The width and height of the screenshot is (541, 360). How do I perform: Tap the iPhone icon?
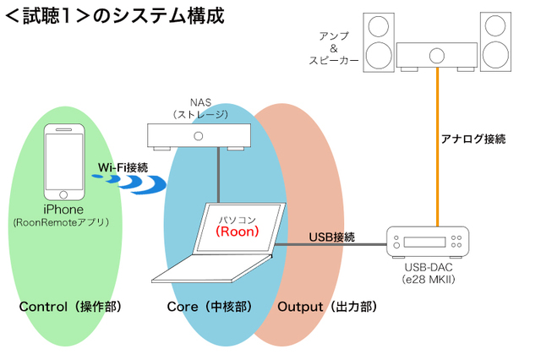tap(64, 161)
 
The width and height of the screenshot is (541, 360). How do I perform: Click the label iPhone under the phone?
tap(64, 210)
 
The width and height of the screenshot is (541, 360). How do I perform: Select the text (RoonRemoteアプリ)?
tap(64, 223)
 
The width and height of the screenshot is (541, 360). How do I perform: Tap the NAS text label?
tap(199, 101)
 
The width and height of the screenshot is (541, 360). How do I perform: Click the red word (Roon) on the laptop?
tap(240, 229)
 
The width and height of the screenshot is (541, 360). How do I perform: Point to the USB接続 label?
tap(332, 237)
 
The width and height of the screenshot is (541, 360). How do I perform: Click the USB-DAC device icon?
tap(427, 243)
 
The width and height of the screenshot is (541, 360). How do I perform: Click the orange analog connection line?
tap(437, 152)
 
